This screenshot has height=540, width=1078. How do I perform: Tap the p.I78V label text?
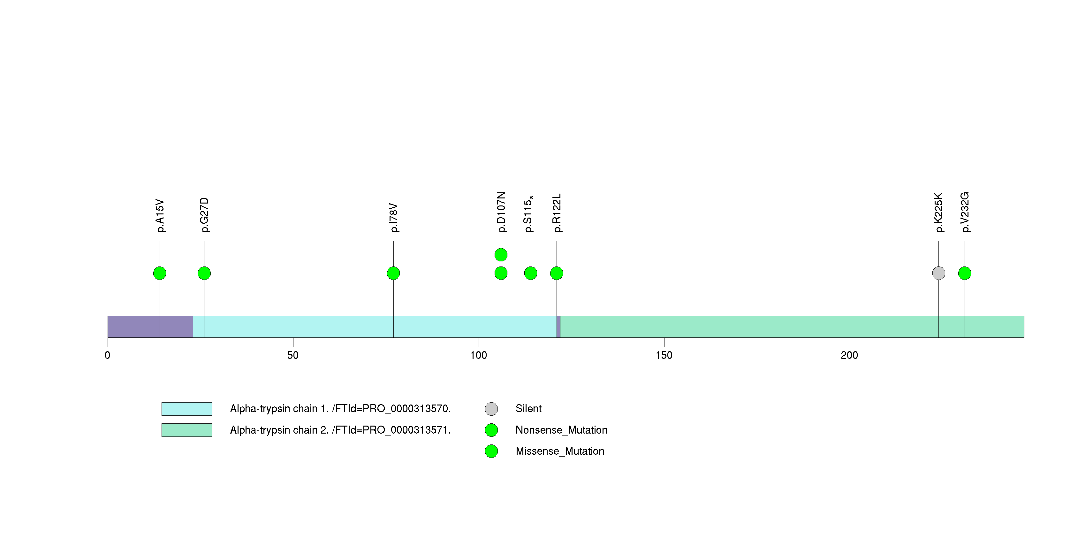(393, 218)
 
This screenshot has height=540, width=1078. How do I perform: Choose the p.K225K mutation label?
(939, 212)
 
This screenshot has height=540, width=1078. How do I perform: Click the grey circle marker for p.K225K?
(939, 273)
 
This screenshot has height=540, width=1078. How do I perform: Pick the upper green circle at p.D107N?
(501, 255)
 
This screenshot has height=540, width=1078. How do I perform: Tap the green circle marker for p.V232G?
(965, 273)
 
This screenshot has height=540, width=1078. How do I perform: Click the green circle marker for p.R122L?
(557, 273)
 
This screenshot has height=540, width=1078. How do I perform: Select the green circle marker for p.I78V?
(393, 273)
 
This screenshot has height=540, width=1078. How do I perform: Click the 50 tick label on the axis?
(293, 355)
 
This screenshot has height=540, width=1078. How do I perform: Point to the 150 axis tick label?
(664, 355)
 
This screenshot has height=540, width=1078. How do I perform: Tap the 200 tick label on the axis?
(849, 355)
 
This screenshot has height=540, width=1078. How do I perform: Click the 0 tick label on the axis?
(108, 355)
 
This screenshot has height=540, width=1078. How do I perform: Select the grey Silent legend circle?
(491, 409)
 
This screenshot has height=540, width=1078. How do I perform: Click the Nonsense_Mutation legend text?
(561, 430)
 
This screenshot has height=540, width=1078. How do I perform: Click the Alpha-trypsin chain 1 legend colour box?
(187, 409)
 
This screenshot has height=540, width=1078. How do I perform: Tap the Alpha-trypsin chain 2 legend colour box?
(187, 430)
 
